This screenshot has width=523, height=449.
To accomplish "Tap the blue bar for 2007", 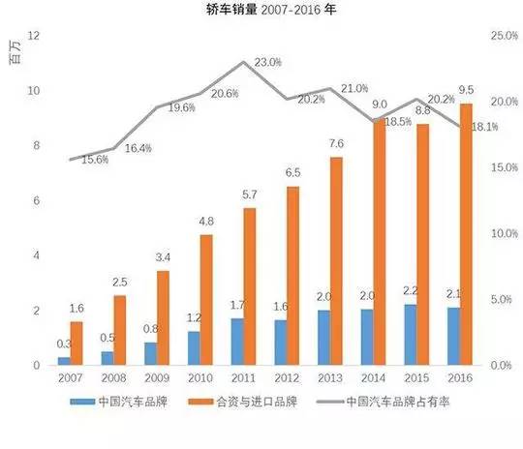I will [x=64, y=361].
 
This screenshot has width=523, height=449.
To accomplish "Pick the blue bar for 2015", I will [x=412, y=335].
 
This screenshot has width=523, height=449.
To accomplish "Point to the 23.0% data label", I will [x=268, y=63].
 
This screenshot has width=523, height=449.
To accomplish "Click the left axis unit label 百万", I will [x=14, y=55].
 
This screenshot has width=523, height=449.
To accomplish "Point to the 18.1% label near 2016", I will [x=486, y=126].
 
